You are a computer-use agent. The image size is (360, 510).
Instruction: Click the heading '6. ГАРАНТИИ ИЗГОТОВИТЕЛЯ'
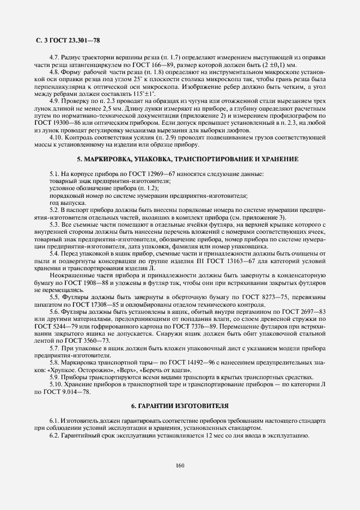coord(180,406)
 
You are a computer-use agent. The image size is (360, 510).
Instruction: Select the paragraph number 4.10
coord(57,138)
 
